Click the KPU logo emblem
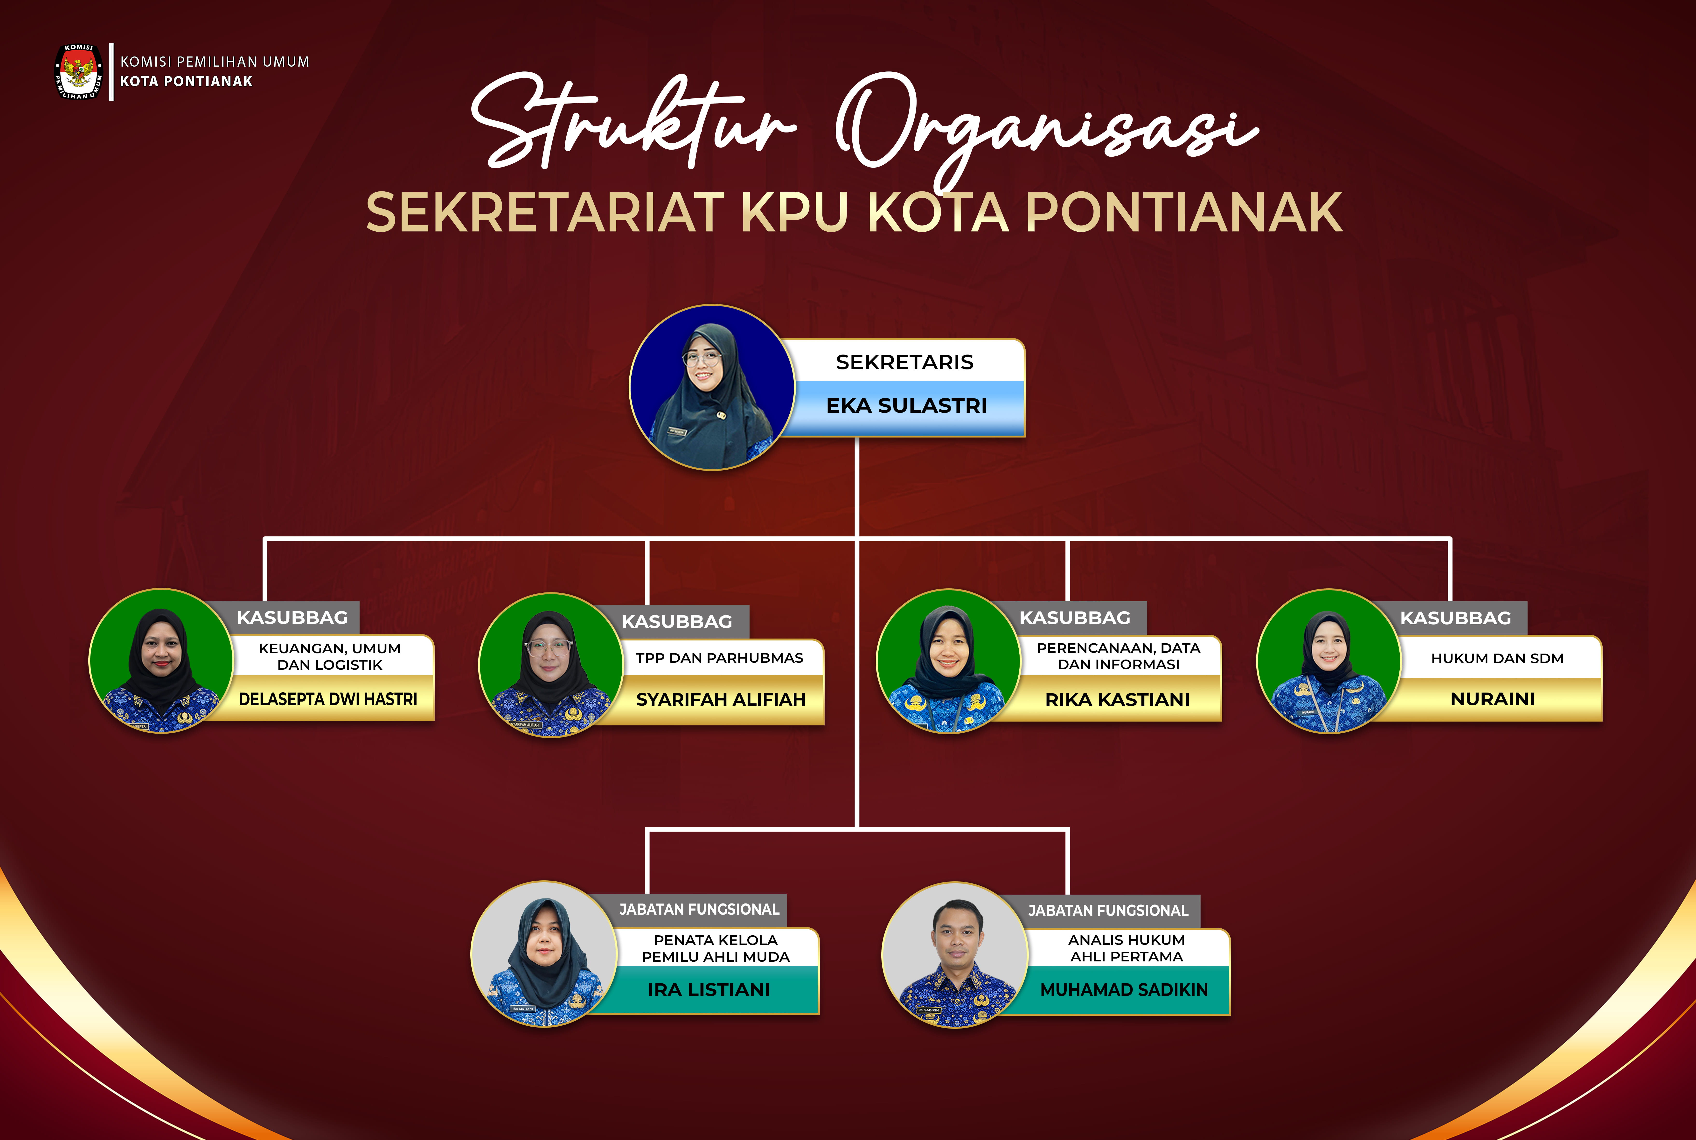(78, 71)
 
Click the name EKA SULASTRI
(907, 406)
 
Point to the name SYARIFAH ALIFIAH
(720, 699)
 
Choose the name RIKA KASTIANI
(1117, 699)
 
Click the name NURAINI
(1493, 699)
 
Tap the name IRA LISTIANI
(709, 989)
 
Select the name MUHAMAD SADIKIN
(1124, 989)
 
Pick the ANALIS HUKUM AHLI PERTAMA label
(1126, 948)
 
